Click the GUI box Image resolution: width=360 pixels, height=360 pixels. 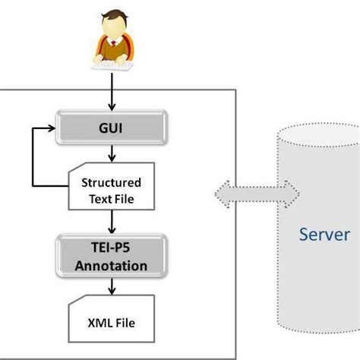coord(112,129)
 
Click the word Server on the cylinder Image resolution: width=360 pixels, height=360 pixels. coord(324,235)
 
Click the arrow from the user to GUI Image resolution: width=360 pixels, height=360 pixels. coord(112,94)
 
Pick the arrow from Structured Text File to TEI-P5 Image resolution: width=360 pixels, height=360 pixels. coord(112,223)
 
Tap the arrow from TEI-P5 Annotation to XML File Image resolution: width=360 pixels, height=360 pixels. coord(112,287)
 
